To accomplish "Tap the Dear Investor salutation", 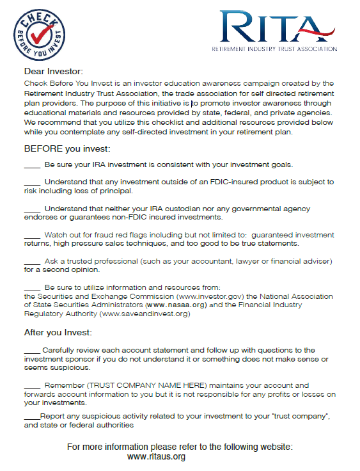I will (54, 71).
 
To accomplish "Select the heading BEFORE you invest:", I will (67, 149).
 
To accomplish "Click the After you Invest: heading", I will (58, 333).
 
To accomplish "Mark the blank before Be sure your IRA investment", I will (32, 164).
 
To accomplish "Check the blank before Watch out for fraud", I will (32, 235).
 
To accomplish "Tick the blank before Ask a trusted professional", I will (32, 262).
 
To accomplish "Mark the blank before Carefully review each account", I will (32, 350).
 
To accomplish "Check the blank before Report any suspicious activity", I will (31, 416).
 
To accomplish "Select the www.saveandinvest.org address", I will (145, 314).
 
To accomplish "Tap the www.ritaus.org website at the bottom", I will (156, 457).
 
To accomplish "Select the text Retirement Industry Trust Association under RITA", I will (274, 49).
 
